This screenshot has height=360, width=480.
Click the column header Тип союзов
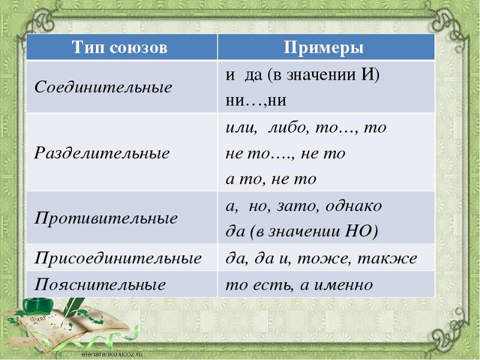coord(119,47)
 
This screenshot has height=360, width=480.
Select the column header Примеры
coord(323,48)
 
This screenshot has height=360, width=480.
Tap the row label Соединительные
coord(103,87)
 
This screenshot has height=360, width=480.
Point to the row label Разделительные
coord(101,153)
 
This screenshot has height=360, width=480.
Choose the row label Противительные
coord(106,218)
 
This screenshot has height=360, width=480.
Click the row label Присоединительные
coord(118,258)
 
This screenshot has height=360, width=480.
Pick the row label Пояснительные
coord(100,284)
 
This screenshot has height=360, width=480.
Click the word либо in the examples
coord(287,127)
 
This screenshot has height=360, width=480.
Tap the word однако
coord(353,206)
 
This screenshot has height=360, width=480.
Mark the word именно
coord(343,285)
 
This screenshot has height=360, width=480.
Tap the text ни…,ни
coord(256,101)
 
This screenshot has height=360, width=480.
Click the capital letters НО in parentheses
coord(358,231)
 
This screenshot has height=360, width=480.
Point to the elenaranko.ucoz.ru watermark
coord(112,355)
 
